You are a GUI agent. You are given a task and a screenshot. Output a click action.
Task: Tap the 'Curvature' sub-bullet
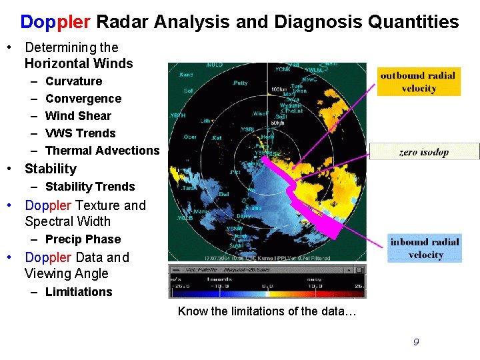click(73, 81)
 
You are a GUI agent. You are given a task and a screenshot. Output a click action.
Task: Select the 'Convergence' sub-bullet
click(83, 99)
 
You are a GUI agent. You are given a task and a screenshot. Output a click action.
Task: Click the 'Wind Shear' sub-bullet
click(78, 116)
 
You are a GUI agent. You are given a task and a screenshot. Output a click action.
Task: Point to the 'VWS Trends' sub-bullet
click(80, 133)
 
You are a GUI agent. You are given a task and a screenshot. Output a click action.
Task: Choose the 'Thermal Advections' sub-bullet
click(102, 151)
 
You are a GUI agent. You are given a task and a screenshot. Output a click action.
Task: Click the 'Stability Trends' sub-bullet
click(90, 187)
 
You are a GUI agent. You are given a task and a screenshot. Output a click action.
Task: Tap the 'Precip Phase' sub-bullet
click(83, 239)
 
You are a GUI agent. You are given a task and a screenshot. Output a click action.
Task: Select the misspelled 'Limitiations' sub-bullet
click(79, 292)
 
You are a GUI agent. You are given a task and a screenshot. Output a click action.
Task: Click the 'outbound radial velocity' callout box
click(419, 81)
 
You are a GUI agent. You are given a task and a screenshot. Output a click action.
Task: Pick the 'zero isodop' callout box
click(424, 152)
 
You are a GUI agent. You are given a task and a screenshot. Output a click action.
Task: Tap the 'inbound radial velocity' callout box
click(425, 248)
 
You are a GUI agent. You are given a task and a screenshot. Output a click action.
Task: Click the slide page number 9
click(416, 342)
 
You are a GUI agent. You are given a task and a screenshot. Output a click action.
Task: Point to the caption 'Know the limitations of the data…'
click(267, 311)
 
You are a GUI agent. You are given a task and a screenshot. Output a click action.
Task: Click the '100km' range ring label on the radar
click(278, 89)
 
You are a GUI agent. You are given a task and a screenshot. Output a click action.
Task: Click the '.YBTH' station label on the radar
click(177, 115)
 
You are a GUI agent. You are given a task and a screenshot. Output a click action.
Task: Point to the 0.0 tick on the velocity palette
click(266, 285)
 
